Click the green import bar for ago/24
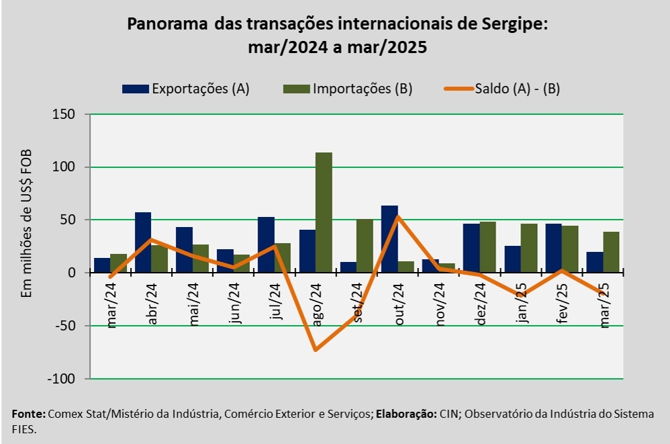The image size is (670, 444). coord(324,212)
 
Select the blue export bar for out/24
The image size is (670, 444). coord(389,239)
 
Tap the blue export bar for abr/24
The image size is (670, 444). coord(143,242)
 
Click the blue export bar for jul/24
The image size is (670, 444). coord(266,245)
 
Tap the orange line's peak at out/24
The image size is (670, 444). coord(397,216)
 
